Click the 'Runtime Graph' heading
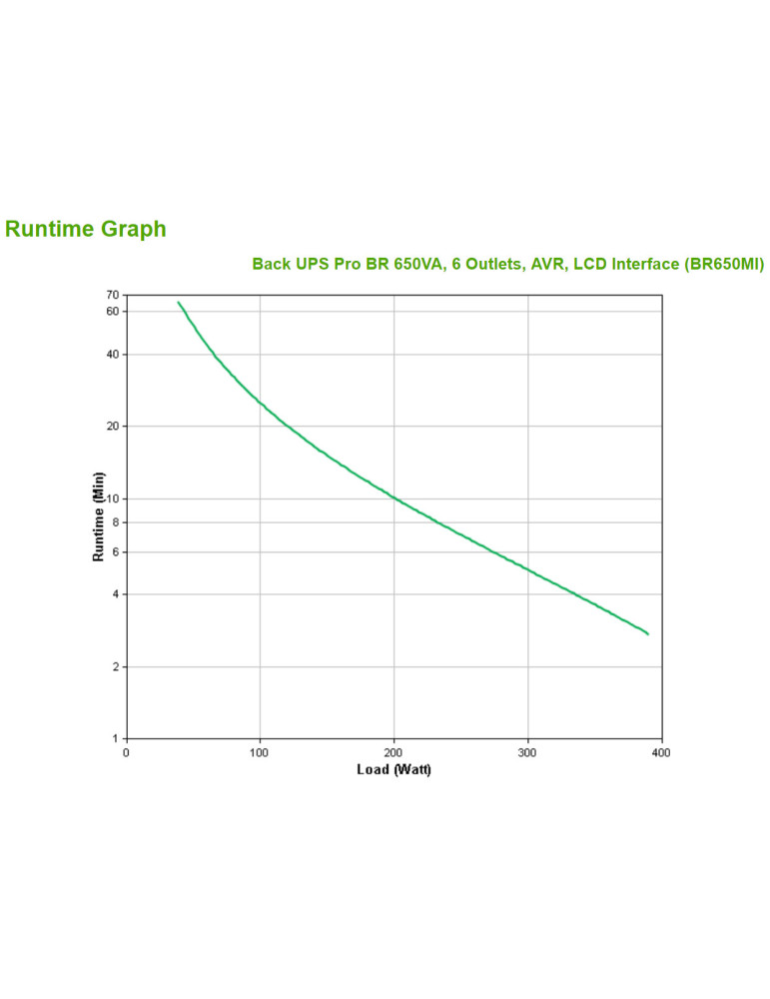(x=86, y=229)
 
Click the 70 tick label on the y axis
(x=112, y=295)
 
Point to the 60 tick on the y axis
(x=112, y=311)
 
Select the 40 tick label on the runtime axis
(x=112, y=355)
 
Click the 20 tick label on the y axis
(x=112, y=427)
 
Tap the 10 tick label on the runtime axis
(x=112, y=499)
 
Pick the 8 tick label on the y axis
(x=115, y=522)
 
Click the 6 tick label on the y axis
(x=115, y=552)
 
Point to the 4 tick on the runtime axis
(x=115, y=594)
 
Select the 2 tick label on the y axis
(x=115, y=666)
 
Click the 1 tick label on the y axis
(x=115, y=738)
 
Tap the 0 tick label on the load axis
(x=126, y=752)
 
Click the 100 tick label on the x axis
(x=260, y=752)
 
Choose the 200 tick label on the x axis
(x=393, y=752)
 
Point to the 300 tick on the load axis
(x=527, y=752)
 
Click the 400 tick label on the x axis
(x=660, y=752)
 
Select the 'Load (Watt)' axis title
(x=393, y=769)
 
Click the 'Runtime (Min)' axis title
(x=99, y=516)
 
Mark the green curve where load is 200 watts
(x=393, y=498)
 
